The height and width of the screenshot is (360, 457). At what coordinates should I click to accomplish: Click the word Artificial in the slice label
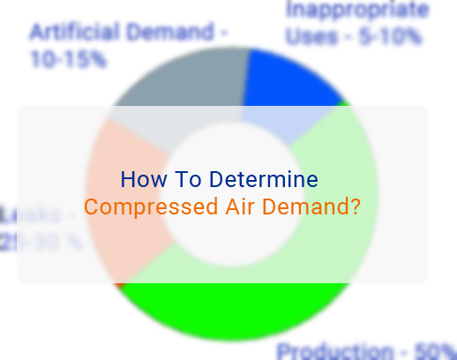tap(73, 34)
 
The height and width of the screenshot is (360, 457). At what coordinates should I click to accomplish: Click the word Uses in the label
tap(311, 37)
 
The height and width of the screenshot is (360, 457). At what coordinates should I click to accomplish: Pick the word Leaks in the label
tap(31, 214)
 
